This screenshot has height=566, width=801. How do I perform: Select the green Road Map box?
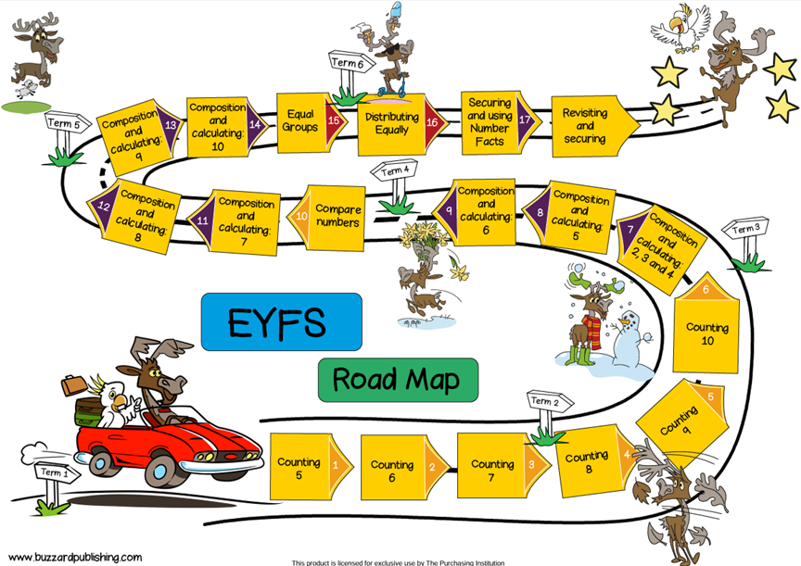click(397, 379)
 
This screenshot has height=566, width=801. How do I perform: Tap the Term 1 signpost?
click(57, 472)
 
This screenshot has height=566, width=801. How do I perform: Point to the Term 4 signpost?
click(394, 171)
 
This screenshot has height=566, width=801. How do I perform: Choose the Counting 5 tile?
click(299, 468)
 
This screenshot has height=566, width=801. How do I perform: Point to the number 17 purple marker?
click(525, 119)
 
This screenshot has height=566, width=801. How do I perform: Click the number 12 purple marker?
click(105, 207)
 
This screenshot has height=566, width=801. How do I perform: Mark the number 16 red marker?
click(432, 121)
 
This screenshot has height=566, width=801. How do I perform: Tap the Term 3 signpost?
click(745, 229)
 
